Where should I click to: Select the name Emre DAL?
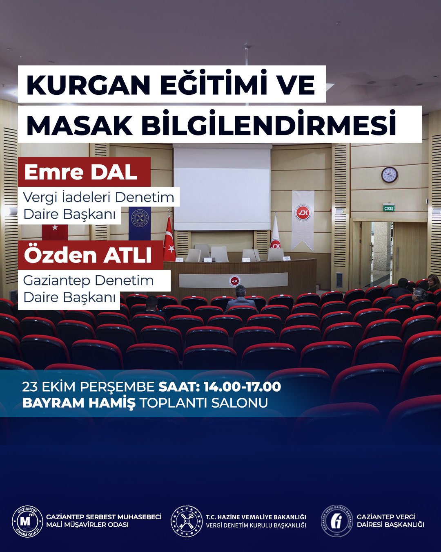pos(80,173)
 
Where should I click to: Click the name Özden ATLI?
pos(88,255)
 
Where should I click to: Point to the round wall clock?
pos(390,175)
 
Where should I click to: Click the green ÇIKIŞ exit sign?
pos(389,208)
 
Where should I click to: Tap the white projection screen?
pos(222,189)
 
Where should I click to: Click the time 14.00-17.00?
pos(243,386)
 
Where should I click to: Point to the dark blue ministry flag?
pos(140,224)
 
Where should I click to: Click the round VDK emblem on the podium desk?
pos(234,281)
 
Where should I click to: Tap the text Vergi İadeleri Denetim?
pos(99,197)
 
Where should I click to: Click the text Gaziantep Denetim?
pos(89,280)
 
